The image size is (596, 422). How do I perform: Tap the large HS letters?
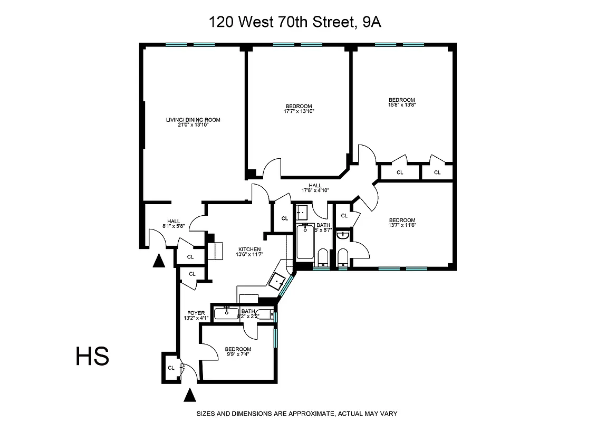pos(92,356)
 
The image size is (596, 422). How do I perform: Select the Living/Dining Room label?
pos(193,122)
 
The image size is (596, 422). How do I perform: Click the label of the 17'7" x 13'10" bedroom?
pos(299,108)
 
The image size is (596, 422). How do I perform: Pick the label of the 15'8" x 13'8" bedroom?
pos(401,103)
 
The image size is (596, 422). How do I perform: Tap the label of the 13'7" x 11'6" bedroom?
pos(402,223)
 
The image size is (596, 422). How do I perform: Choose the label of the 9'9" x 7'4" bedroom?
pos(238,352)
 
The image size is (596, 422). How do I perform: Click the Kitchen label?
pos(249,252)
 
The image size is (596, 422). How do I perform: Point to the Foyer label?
pos(195,315)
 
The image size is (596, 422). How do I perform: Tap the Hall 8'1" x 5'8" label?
pos(174,224)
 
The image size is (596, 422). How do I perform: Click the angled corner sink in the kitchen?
pos(276,281)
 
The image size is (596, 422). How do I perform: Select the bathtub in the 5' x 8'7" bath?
pos(305,243)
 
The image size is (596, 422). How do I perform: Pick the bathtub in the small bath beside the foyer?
pos(226,314)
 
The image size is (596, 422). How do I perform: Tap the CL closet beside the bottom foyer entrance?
pos(171,368)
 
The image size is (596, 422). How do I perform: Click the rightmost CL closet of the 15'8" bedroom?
pos(437,172)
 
